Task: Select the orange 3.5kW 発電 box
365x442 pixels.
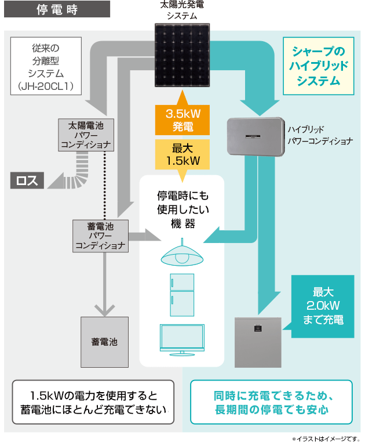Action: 182,119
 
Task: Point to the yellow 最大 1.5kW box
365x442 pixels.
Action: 182,153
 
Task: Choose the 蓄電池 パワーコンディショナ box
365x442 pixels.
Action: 99,236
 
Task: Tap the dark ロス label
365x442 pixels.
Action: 27,180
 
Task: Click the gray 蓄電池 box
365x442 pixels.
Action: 104,342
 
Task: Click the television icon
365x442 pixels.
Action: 182,339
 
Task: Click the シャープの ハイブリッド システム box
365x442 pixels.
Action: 318,66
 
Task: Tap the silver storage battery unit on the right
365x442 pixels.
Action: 257,342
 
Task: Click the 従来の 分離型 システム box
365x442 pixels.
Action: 45,66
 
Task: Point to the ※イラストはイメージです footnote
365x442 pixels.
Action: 326,437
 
